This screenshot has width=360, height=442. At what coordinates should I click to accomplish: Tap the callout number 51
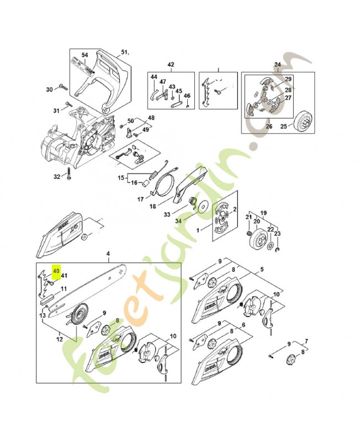tap(124, 53)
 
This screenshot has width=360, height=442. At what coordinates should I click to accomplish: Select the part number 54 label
tap(85, 55)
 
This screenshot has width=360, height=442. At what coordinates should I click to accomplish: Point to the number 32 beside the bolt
tap(56, 177)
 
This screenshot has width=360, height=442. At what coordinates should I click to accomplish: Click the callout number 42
tap(171, 65)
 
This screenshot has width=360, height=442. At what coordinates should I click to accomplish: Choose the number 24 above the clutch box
tap(277, 65)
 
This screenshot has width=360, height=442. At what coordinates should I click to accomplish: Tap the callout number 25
tap(284, 127)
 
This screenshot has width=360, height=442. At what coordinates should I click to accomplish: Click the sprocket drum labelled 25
tap(303, 120)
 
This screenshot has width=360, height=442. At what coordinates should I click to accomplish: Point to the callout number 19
tap(263, 213)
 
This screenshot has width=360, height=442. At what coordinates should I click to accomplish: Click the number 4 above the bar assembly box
tap(108, 254)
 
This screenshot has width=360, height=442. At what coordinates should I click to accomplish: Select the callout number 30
tap(49, 89)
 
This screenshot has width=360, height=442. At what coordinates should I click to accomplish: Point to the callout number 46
tap(187, 96)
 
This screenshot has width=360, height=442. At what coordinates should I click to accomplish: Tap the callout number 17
tap(141, 199)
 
